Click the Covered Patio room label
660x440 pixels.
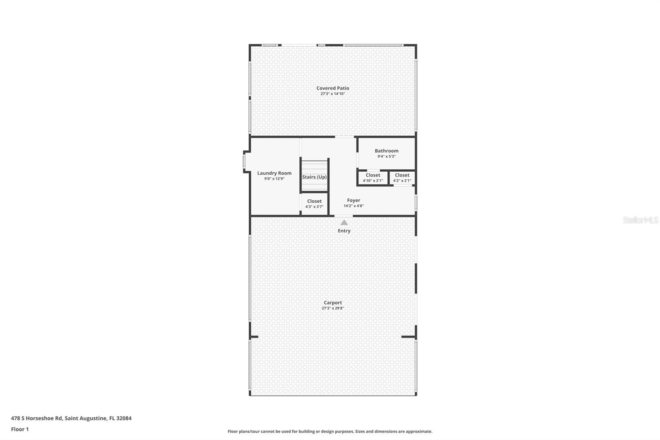[x=332, y=88]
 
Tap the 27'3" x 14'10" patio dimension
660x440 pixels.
[x=332, y=94]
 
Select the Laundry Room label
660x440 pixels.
[x=274, y=173]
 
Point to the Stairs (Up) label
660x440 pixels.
[x=314, y=177]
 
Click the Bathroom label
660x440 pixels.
[x=387, y=151]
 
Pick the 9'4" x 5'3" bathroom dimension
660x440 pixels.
[x=387, y=156]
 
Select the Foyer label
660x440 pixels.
[x=354, y=200]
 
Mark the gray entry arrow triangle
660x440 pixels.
[x=344, y=222]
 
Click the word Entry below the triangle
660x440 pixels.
[x=344, y=231]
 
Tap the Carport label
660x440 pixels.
[x=332, y=303]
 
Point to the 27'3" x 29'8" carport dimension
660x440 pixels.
[x=332, y=308]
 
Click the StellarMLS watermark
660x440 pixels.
[x=640, y=220]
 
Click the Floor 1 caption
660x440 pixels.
[x=20, y=429]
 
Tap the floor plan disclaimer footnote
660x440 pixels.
[x=330, y=431]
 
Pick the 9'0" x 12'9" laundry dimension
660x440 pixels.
[x=274, y=179]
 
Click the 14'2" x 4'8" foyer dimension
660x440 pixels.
[x=354, y=206]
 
